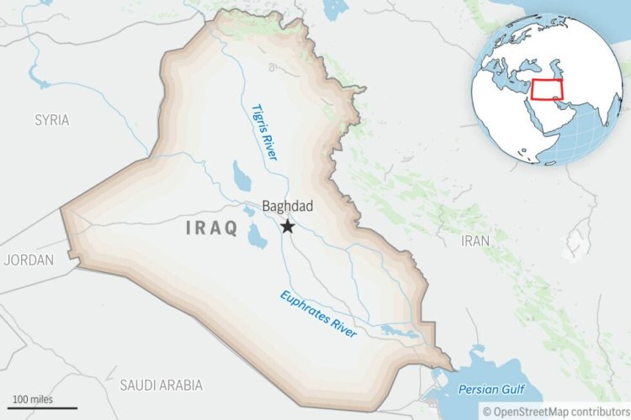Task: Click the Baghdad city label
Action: point(288,206)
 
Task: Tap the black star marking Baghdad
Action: point(288,226)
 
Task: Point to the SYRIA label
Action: point(52,120)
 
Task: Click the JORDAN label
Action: point(28,260)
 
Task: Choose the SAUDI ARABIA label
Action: point(161,386)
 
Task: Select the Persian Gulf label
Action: point(490,390)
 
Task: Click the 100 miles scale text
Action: point(31,397)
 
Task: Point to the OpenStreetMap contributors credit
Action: point(555,411)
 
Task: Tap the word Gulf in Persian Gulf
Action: point(510,390)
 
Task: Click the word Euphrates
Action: point(305,306)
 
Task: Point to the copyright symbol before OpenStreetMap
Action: point(486,411)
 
